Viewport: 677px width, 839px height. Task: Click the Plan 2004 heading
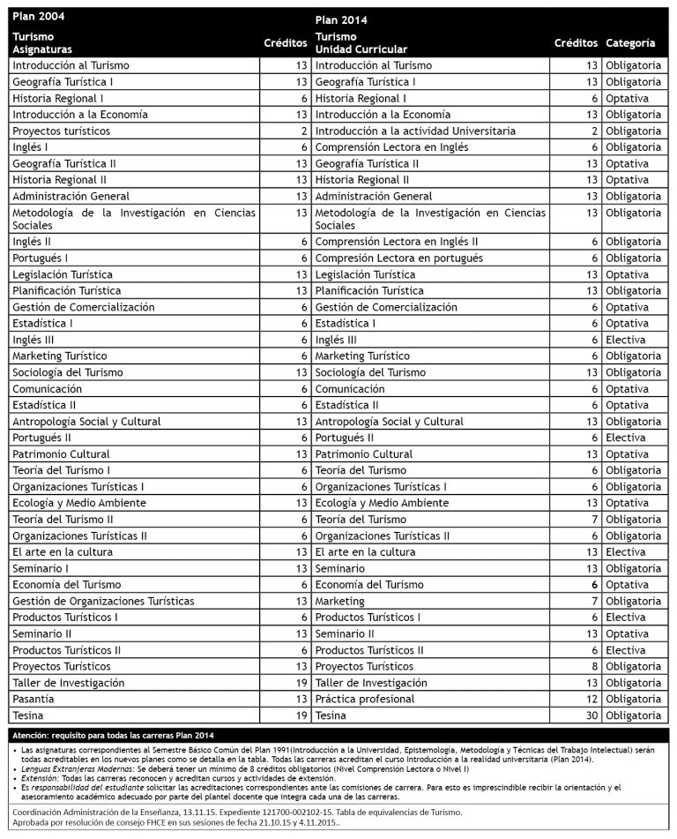click(39, 17)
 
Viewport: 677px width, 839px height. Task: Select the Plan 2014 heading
click(341, 19)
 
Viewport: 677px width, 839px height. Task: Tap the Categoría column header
click(630, 42)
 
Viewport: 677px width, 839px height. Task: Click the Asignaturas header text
click(42, 49)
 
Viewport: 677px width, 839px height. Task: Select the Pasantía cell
click(34, 699)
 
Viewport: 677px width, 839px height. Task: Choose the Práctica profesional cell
click(365, 699)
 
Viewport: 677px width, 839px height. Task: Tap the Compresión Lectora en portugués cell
click(398, 258)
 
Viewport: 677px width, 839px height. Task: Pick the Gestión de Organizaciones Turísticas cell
click(103, 601)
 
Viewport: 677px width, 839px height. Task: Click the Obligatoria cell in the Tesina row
click(633, 715)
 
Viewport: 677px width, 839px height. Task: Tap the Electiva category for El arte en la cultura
click(626, 551)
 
